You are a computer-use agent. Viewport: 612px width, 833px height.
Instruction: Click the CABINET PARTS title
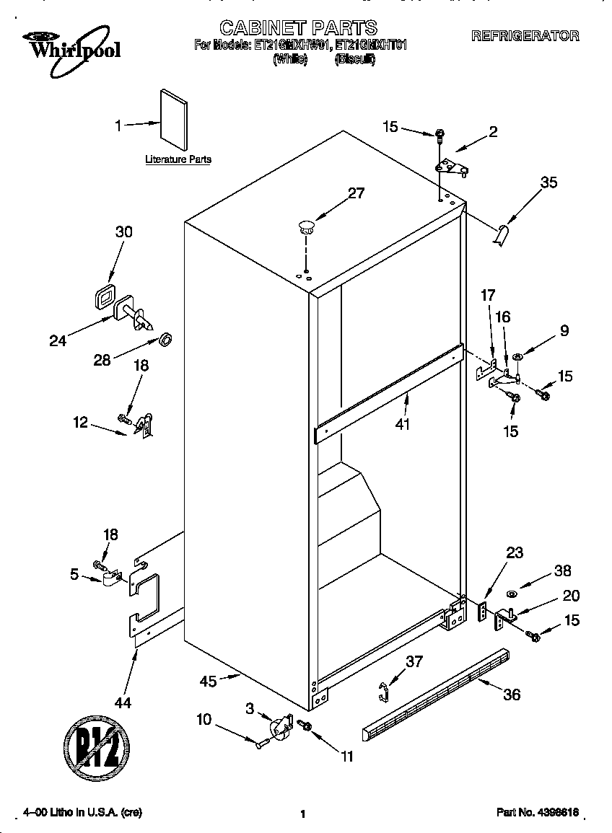click(x=298, y=27)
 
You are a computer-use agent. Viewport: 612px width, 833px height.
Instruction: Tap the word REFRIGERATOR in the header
click(x=525, y=35)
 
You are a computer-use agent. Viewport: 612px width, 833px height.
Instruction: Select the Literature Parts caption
click(x=178, y=159)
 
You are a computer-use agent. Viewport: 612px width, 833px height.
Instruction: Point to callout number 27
click(x=357, y=193)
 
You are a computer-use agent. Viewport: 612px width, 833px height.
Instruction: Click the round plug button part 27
click(x=306, y=227)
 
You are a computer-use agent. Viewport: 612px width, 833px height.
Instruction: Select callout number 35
click(x=548, y=182)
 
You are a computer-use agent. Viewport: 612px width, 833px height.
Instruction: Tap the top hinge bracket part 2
click(x=453, y=167)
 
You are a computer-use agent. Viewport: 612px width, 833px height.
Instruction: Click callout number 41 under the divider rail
click(x=402, y=424)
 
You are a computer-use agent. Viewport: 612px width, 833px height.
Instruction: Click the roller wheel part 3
click(x=278, y=729)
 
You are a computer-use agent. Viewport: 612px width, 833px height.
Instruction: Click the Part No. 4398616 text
click(x=538, y=812)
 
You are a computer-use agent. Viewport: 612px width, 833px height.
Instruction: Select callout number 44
click(x=123, y=702)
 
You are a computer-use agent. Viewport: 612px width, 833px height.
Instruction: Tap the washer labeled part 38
click(x=510, y=594)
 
